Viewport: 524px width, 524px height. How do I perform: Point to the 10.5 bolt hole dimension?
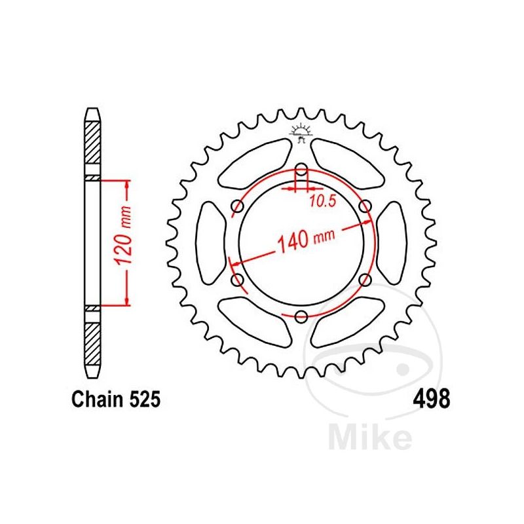pos(322,202)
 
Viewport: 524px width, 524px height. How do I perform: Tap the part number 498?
pos(430,399)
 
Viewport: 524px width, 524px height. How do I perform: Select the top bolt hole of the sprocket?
pos(301,172)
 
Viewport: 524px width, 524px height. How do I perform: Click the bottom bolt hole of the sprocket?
pos(301,318)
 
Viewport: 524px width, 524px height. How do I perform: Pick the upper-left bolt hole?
pos(237,208)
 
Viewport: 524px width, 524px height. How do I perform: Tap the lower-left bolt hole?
pos(237,281)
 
